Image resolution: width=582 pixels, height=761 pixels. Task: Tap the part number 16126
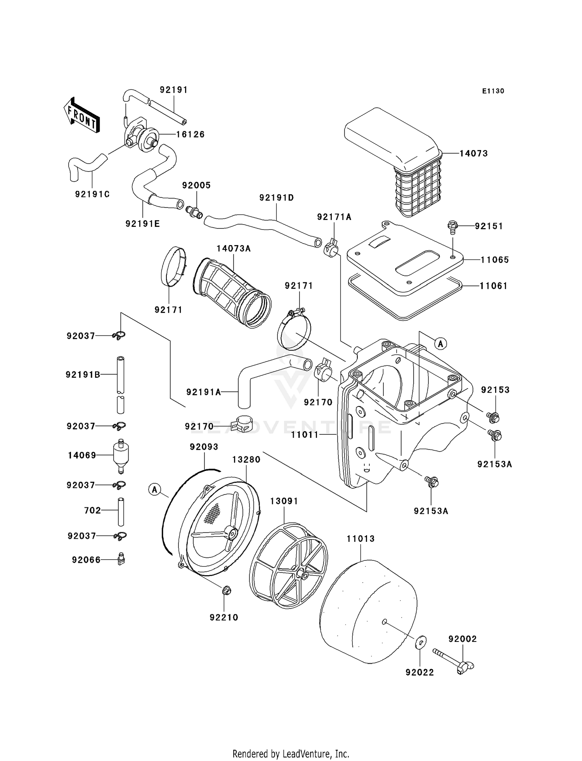pos(190,135)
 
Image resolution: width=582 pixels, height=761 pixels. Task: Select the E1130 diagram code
pos(493,91)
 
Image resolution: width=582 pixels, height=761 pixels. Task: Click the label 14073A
pos(234,249)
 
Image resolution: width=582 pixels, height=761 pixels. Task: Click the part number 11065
pos(495,260)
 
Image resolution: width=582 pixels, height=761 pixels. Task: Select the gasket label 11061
pos(494,286)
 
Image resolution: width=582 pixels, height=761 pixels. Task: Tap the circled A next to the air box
pos(440,344)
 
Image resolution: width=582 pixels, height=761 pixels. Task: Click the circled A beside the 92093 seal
pos(154,489)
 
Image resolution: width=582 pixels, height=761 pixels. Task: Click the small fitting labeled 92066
pos(121,560)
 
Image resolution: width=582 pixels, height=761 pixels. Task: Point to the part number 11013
pos(360,539)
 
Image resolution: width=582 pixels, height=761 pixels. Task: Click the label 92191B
pos(83,375)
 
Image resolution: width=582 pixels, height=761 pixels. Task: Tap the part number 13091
pos(284,501)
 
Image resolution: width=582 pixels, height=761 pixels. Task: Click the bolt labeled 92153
pos(493,418)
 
